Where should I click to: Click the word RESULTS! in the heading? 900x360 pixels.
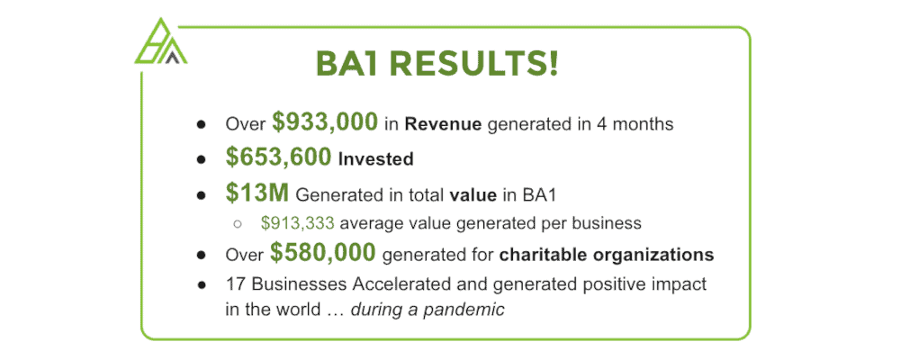(x=472, y=63)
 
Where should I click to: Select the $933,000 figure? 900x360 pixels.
(x=325, y=122)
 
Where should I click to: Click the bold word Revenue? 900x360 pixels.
(x=443, y=124)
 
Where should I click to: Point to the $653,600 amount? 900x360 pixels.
(x=278, y=157)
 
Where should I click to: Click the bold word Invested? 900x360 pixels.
(x=375, y=159)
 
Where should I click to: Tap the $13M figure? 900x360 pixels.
(x=256, y=193)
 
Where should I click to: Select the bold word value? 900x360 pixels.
(x=473, y=195)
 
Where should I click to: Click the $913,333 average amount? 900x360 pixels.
(x=297, y=223)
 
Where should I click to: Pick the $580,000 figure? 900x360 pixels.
(x=323, y=252)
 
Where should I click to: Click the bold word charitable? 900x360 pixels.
(x=538, y=254)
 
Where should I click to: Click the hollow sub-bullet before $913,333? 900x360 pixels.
(x=237, y=223)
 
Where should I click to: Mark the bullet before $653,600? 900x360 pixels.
(x=201, y=159)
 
